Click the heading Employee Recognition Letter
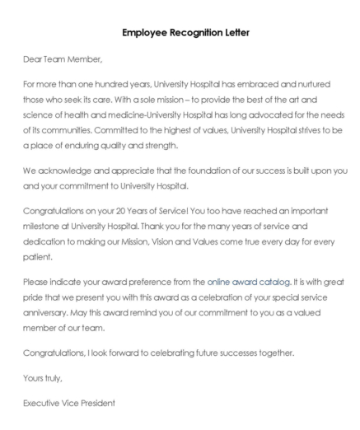[x=180, y=33]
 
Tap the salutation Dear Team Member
[x=63, y=59]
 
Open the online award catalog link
[x=248, y=282]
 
